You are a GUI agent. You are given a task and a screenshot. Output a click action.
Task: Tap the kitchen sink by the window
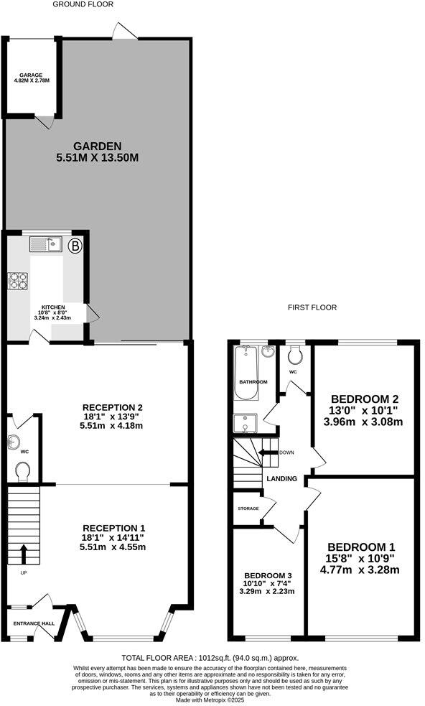click(x=46, y=246)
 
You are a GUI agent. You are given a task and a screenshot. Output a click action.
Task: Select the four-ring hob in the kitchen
click(x=17, y=279)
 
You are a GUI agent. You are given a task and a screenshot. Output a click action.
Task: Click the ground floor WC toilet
click(x=23, y=470)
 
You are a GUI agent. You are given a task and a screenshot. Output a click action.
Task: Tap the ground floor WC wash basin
click(x=14, y=442)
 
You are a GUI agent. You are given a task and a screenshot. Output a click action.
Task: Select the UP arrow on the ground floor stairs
click(x=23, y=554)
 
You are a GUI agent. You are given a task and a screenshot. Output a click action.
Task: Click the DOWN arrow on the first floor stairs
click(x=268, y=452)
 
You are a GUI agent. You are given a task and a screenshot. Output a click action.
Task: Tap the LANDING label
click(x=281, y=479)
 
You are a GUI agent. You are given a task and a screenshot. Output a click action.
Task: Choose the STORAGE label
click(x=248, y=508)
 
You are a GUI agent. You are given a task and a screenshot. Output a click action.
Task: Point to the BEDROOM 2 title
click(x=364, y=399)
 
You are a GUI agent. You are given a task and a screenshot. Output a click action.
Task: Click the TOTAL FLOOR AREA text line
click(x=210, y=657)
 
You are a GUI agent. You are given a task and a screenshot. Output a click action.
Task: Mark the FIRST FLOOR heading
click(x=312, y=307)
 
